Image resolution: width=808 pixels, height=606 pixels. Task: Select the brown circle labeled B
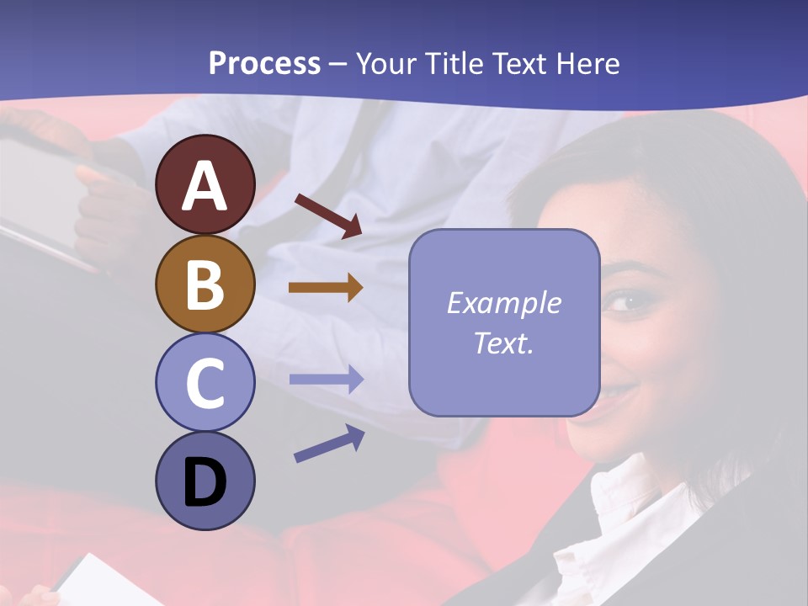click(x=205, y=284)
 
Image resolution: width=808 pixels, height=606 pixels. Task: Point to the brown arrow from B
click(x=326, y=288)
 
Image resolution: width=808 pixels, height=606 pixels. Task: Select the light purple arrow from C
click(x=326, y=380)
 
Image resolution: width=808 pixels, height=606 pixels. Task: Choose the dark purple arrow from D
click(x=329, y=444)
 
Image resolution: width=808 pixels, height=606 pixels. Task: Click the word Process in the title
click(x=264, y=63)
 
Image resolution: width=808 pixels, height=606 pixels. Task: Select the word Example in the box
click(x=503, y=303)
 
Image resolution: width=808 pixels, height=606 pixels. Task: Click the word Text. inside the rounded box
click(x=503, y=343)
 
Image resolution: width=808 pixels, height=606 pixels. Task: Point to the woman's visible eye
click(x=625, y=300)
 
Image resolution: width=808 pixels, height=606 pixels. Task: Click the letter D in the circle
click(x=205, y=484)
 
